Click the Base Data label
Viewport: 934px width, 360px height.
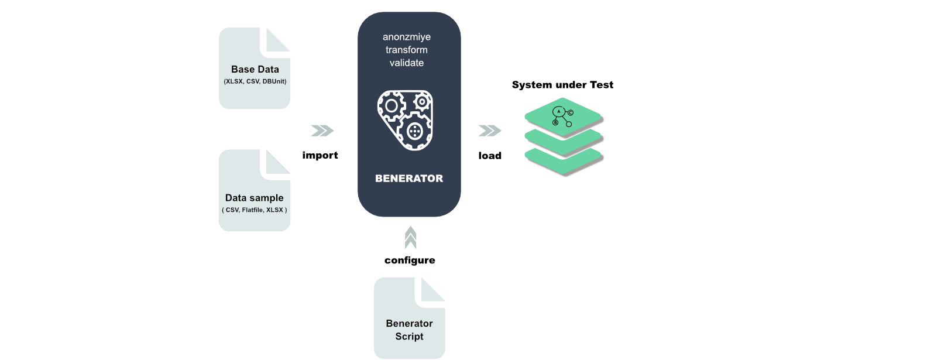255,69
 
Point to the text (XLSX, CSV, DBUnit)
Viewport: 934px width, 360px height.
255,81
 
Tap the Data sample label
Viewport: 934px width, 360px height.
254,198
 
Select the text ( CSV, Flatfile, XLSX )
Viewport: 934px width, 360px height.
254,210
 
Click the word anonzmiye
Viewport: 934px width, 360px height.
406,37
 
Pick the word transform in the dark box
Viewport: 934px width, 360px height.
406,50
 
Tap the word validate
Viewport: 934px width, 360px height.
406,63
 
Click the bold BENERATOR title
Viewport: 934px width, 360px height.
408,179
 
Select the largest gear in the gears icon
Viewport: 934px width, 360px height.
414,131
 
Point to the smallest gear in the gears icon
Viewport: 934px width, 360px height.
421,102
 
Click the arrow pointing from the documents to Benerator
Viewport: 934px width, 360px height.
322,131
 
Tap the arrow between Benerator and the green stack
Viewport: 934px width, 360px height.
490,131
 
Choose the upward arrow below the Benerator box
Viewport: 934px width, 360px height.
411,238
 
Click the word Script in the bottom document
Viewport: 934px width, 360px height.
409,337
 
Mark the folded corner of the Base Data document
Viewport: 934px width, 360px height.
277,40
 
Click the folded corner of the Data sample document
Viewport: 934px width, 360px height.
277,162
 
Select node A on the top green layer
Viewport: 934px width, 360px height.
558,111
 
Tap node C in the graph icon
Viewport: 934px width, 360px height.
571,112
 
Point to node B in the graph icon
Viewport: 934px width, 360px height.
555,122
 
